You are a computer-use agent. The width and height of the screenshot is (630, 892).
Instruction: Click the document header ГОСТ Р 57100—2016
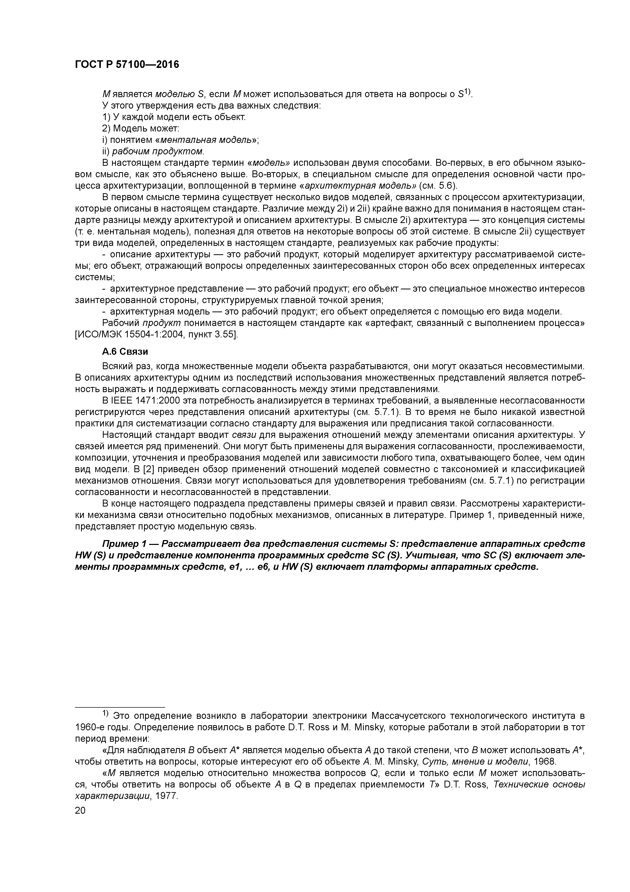tap(127, 65)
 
